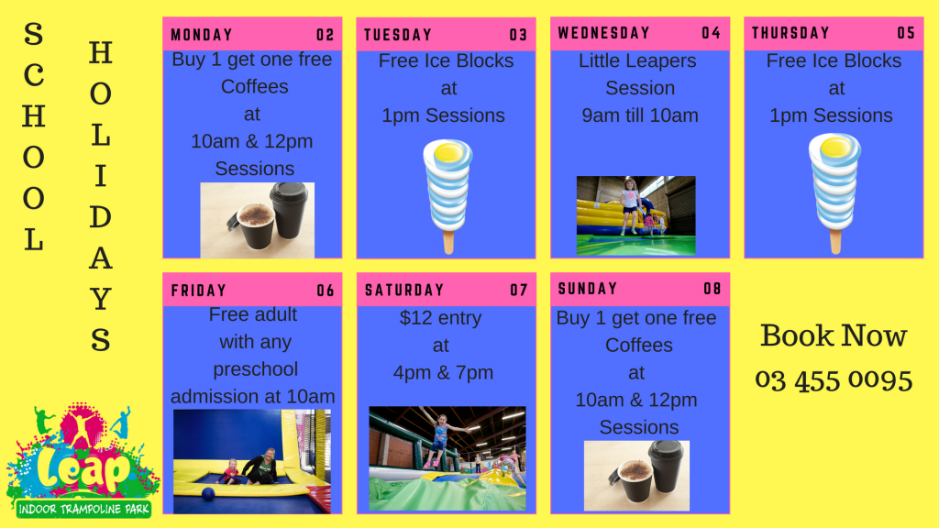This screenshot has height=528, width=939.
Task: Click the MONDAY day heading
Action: coord(202,36)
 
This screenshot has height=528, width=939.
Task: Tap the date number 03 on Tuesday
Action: coord(518,36)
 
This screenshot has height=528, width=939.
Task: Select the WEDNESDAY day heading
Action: coord(603,33)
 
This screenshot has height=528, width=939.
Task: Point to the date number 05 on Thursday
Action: coord(906,34)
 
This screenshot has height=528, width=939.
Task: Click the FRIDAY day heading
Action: coord(198,291)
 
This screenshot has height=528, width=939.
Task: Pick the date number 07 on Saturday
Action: coord(519,291)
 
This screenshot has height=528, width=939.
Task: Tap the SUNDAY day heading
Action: coord(588,289)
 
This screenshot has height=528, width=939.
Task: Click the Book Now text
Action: coord(833,335)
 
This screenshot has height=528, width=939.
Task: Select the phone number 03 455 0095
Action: coord(833,379)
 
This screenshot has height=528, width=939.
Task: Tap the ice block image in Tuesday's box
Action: coord(448,194)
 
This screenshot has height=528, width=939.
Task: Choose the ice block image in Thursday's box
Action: coord(834,192)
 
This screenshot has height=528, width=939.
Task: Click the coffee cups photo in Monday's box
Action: coord(258,220)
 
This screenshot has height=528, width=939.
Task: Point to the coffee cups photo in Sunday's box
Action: coord(637,476)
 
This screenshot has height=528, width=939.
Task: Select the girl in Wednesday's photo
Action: coord(629,205)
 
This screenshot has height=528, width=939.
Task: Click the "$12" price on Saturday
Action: coord(415,319)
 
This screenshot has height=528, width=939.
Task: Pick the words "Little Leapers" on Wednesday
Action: coord(637,61)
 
